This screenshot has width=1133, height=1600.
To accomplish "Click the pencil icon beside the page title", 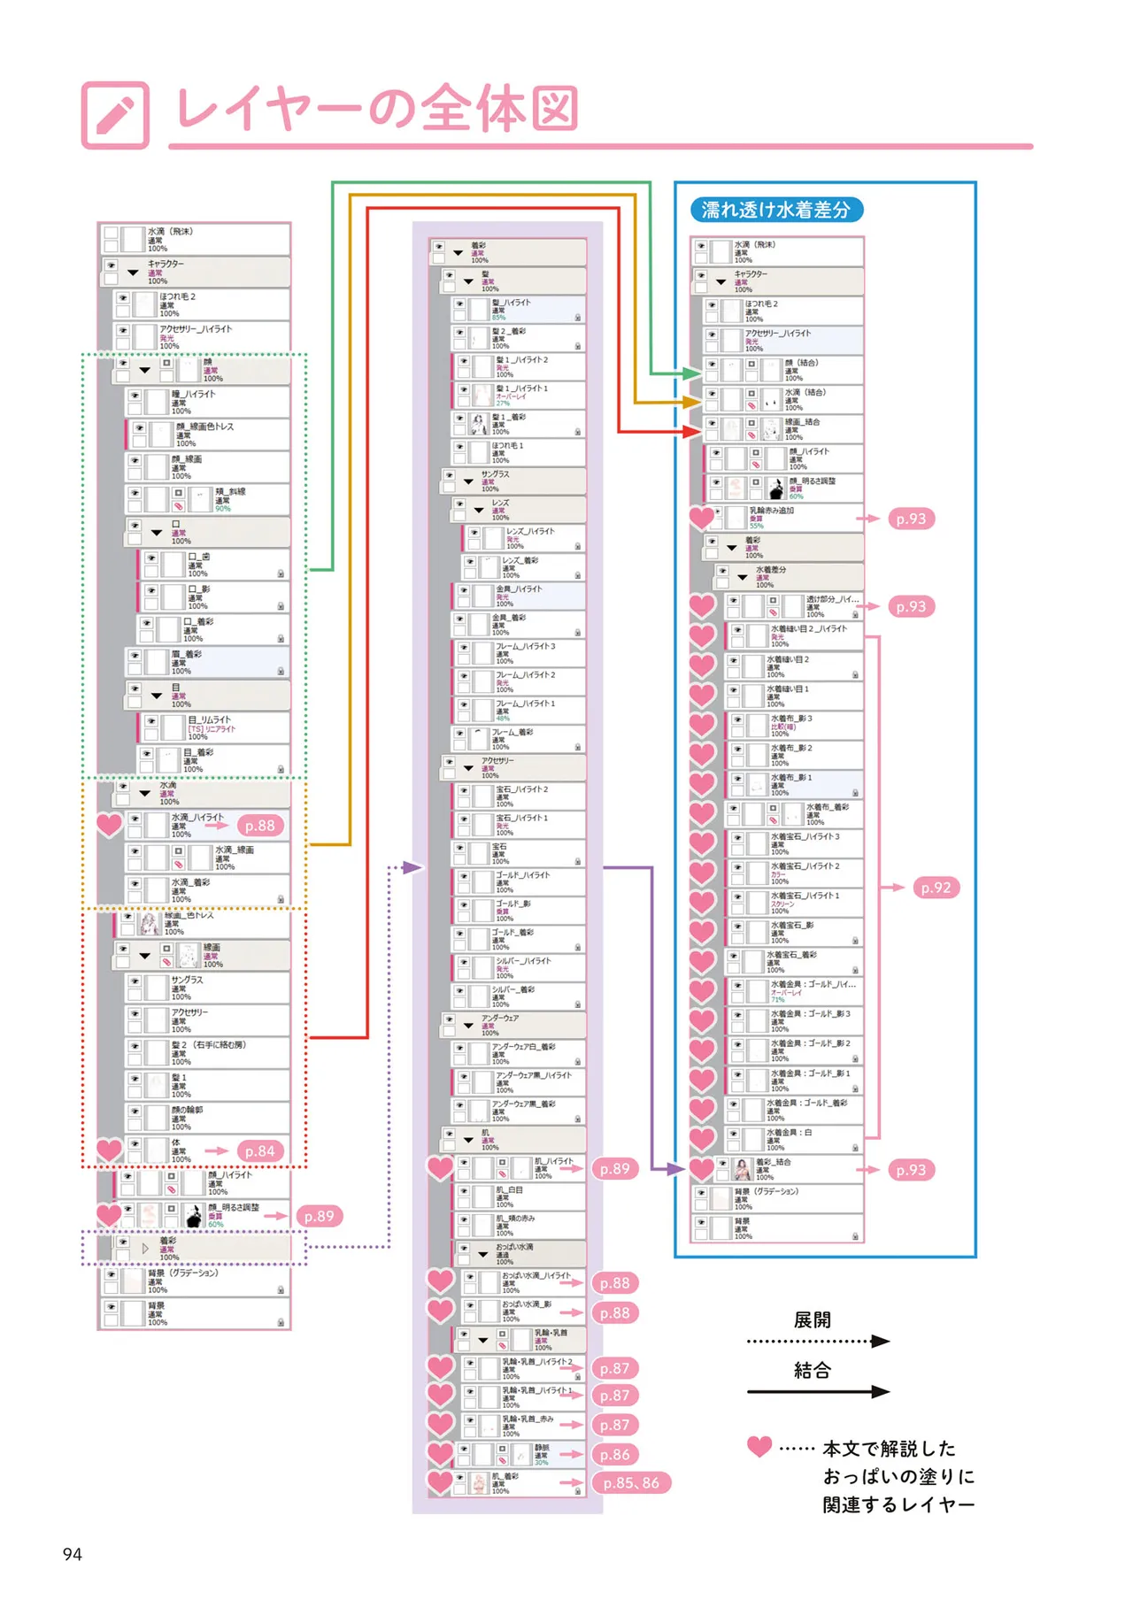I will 115,116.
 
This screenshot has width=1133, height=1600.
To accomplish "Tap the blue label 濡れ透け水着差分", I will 775,210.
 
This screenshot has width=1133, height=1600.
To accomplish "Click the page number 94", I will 73,1554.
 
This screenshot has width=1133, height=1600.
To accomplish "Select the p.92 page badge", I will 935,888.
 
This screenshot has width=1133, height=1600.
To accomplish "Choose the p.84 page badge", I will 260,1151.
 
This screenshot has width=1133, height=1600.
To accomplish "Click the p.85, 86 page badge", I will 631,1483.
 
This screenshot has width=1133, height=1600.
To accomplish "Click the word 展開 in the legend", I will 812,1320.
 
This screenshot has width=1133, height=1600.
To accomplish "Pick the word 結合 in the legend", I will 812,1371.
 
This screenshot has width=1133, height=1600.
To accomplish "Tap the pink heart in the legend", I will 759,1446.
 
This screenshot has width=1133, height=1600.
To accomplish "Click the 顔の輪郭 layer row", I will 209,1118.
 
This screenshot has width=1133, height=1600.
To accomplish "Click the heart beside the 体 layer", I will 109,1150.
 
